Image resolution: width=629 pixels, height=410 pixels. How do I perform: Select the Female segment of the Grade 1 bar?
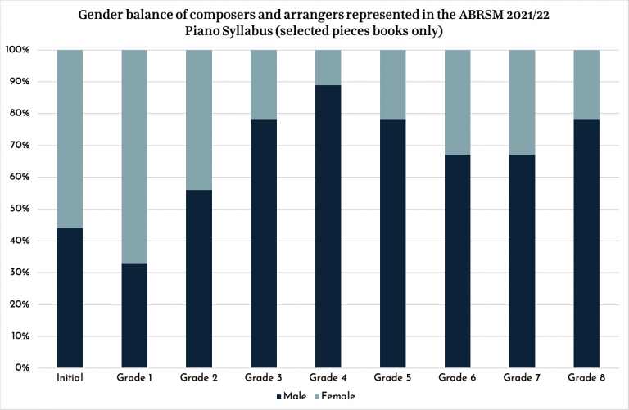(134, 156)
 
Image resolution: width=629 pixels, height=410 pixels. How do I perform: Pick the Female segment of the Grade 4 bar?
(328, 67)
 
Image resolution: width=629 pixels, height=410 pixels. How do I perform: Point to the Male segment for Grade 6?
(458, 261)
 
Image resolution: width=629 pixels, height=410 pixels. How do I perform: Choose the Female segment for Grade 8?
(586, 84)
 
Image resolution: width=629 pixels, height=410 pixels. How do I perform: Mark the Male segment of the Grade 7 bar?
(522, 261)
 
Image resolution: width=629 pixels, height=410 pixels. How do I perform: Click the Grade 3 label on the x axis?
(264, 378)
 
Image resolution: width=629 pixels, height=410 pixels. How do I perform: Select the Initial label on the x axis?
(70, 378)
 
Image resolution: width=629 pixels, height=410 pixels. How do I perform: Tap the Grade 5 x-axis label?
(393, 378)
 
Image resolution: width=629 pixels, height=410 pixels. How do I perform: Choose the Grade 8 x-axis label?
(586, 378)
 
